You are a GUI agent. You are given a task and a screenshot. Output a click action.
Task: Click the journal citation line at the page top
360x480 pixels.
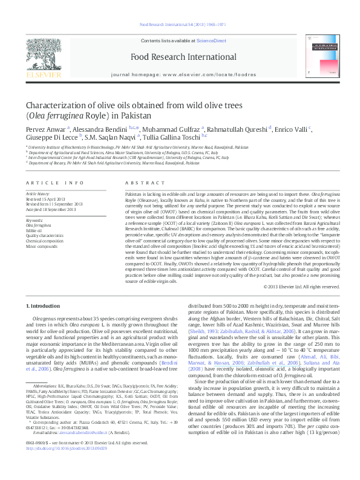[182, 25]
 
